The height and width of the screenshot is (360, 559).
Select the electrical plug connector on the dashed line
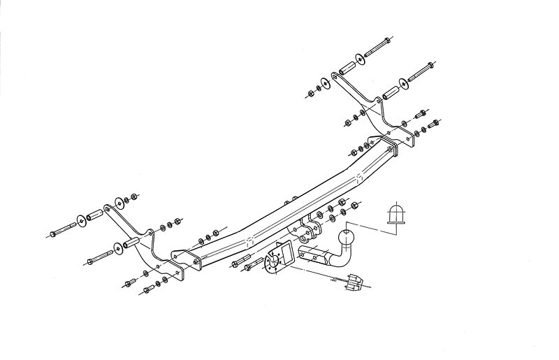pyautogui.click(x=354, y=280)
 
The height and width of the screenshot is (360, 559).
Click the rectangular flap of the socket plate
pyautogui.click(x=284, y=252)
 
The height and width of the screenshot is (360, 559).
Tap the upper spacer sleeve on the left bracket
pyautogui.click(x=94, y=215)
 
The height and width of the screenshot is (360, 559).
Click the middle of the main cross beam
pyautogui.click(x=279, y=210)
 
